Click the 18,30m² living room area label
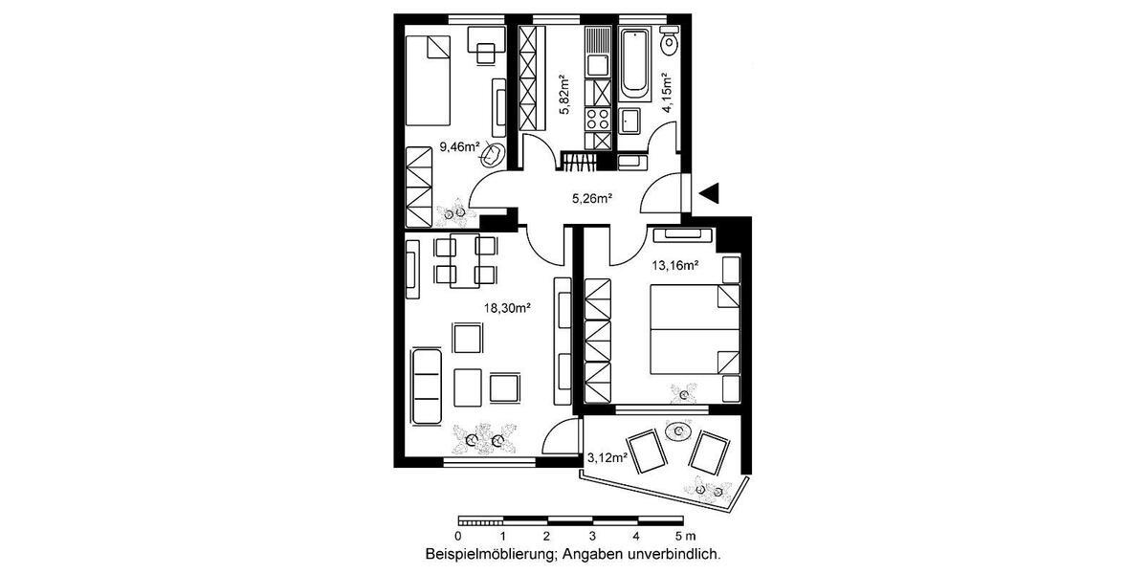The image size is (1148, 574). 507,308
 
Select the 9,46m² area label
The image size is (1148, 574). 459,147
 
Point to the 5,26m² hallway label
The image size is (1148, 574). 591,199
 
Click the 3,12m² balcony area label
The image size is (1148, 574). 607,457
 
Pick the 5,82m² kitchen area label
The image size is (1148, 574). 565,95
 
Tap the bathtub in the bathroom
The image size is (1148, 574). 634,65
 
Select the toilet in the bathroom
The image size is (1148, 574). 671,42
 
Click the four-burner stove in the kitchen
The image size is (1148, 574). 598,121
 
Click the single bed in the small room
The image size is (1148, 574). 427,80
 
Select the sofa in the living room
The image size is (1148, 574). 426,386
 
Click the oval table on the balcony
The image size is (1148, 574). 679,431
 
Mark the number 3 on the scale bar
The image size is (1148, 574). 592,537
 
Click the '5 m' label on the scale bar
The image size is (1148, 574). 684,537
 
